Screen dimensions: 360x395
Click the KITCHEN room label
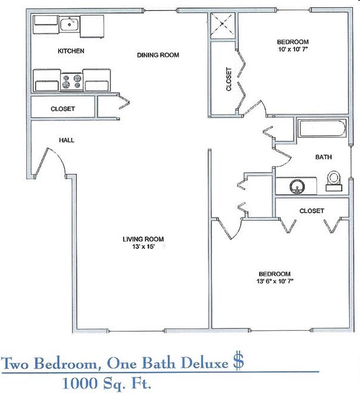pyautogui.click(x=71, y=51)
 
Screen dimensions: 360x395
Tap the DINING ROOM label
pyautogui.click(x=158, y=55)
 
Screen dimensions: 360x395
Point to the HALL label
pyautogui.click(x=66, y=140)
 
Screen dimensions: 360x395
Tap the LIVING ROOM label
pyautogui.click(x=142, y=239)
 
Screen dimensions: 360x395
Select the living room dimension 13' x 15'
pyautogui.click(x=142, y=247)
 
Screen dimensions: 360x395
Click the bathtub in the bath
pyautogui.click(x=322, y=130)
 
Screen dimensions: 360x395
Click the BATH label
pyautogui.click(x=324, y=158)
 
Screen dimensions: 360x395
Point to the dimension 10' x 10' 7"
pyautogui.click(x=293, y=50)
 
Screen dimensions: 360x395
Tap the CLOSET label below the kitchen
pyautogui.click(x=62, y=108)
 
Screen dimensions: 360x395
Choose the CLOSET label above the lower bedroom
pyautogui.click(x=311, y=211)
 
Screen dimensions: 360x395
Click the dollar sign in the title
pyautogui.click(x=238, y=361)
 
